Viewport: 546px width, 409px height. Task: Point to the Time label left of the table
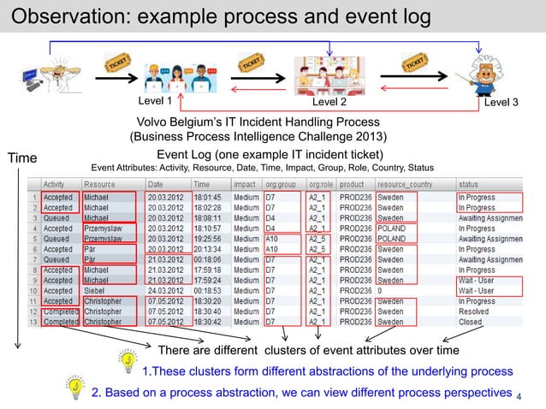point(23,157)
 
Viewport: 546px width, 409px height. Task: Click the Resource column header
point(101,184)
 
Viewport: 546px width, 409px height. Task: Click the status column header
point(470,184)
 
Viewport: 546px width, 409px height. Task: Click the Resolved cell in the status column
point(474,311)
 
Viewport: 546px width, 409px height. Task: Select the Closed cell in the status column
point(470,323)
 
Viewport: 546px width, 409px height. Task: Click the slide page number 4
point(529,395)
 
